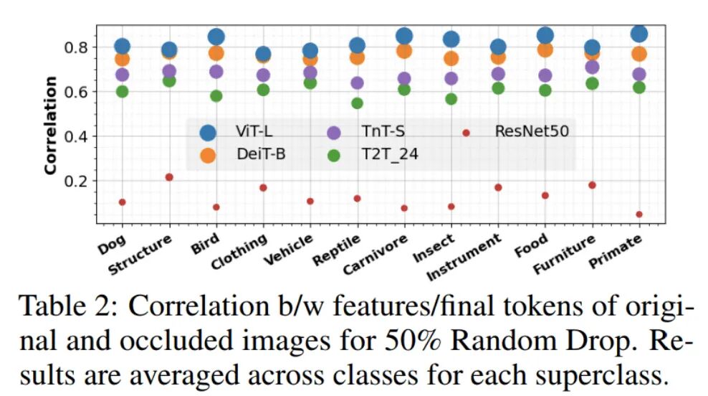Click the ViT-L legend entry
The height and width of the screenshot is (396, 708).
236,131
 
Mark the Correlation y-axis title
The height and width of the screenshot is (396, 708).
50,125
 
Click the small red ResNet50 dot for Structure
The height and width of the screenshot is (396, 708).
169,177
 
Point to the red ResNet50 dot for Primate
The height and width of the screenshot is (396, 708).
638,214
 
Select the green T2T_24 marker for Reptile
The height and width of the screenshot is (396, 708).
357,103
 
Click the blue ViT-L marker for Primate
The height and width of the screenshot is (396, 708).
638,34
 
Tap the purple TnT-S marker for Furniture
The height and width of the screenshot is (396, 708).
592,67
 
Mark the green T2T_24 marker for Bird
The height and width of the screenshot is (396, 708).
216,96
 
